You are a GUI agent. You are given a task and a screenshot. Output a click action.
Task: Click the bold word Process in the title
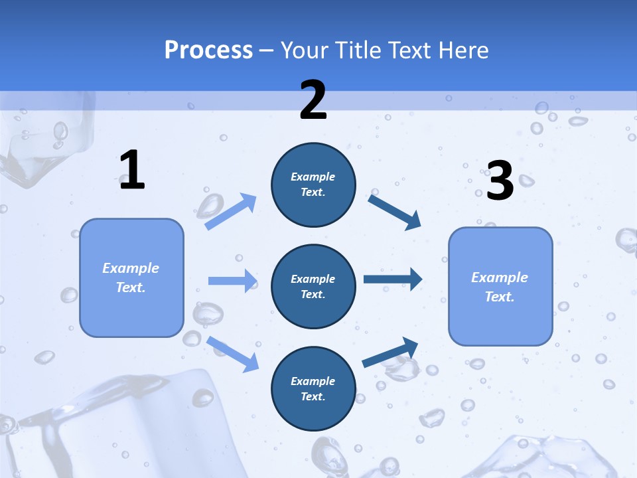click(208, 50)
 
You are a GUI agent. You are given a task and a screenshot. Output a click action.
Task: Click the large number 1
click(132, 171)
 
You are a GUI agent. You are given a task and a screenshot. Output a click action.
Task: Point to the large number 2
click(313, 100)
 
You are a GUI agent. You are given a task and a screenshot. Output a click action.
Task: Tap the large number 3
click(500, 181)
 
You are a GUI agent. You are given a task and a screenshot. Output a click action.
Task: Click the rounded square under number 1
click(131, 278)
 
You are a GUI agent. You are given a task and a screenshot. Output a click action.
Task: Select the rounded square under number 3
click(500, 286)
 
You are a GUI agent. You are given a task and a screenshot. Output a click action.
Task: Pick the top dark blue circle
click(313, 185)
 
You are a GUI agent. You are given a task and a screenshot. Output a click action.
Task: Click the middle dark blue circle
click(313, 286)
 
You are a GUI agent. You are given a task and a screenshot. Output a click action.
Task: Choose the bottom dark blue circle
click(313, 388)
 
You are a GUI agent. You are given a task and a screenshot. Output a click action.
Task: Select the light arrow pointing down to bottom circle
click(233, 353)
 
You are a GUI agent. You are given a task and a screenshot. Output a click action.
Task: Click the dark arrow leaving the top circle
click(395, 211)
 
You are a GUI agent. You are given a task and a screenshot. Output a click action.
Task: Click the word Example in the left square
click(131, 268)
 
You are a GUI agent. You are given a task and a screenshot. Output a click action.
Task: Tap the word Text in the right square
click(500, 297)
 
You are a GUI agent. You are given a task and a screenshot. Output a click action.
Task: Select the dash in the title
click(267, 50)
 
